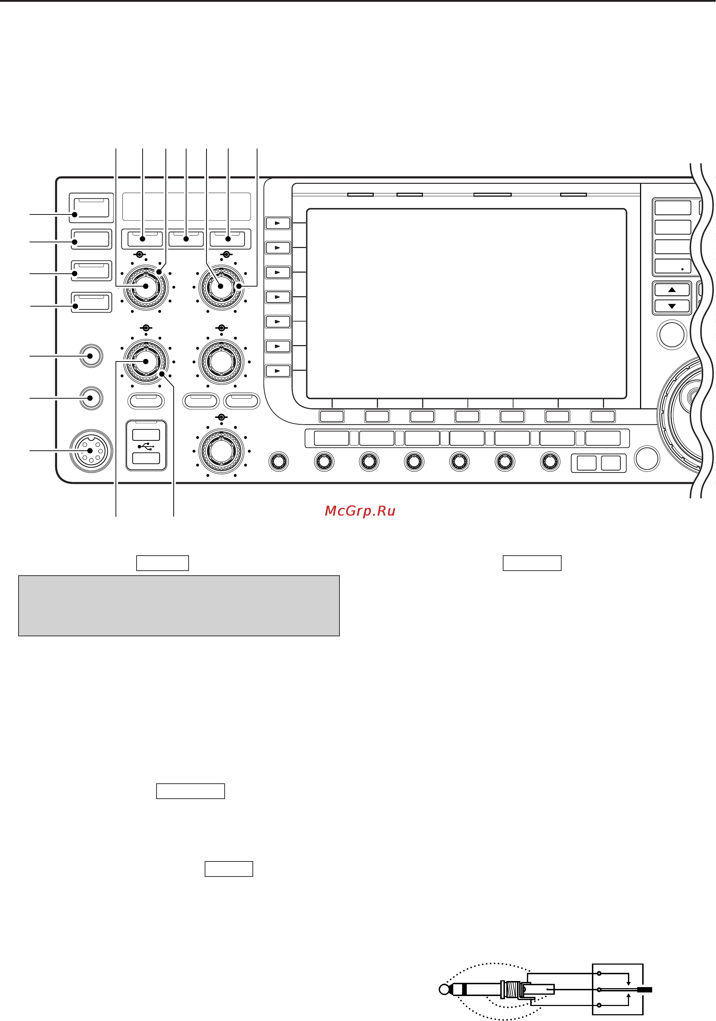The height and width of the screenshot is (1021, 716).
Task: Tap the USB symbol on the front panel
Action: pos(146,446)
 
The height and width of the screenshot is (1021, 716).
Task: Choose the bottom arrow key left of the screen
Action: pos(278,371)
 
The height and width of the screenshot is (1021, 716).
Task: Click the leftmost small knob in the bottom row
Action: pos(279,461)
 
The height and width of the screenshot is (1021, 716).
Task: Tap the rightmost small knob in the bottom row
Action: pos(550,461)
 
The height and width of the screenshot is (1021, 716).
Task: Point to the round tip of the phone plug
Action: pos(444,990)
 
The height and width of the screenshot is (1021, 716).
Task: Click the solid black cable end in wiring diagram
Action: pos(644,990)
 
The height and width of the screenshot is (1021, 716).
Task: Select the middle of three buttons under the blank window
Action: pos(186,239)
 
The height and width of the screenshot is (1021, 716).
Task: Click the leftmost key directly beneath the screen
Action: pos(332,416)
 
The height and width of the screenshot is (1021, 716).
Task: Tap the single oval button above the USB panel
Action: pos(146,401)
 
